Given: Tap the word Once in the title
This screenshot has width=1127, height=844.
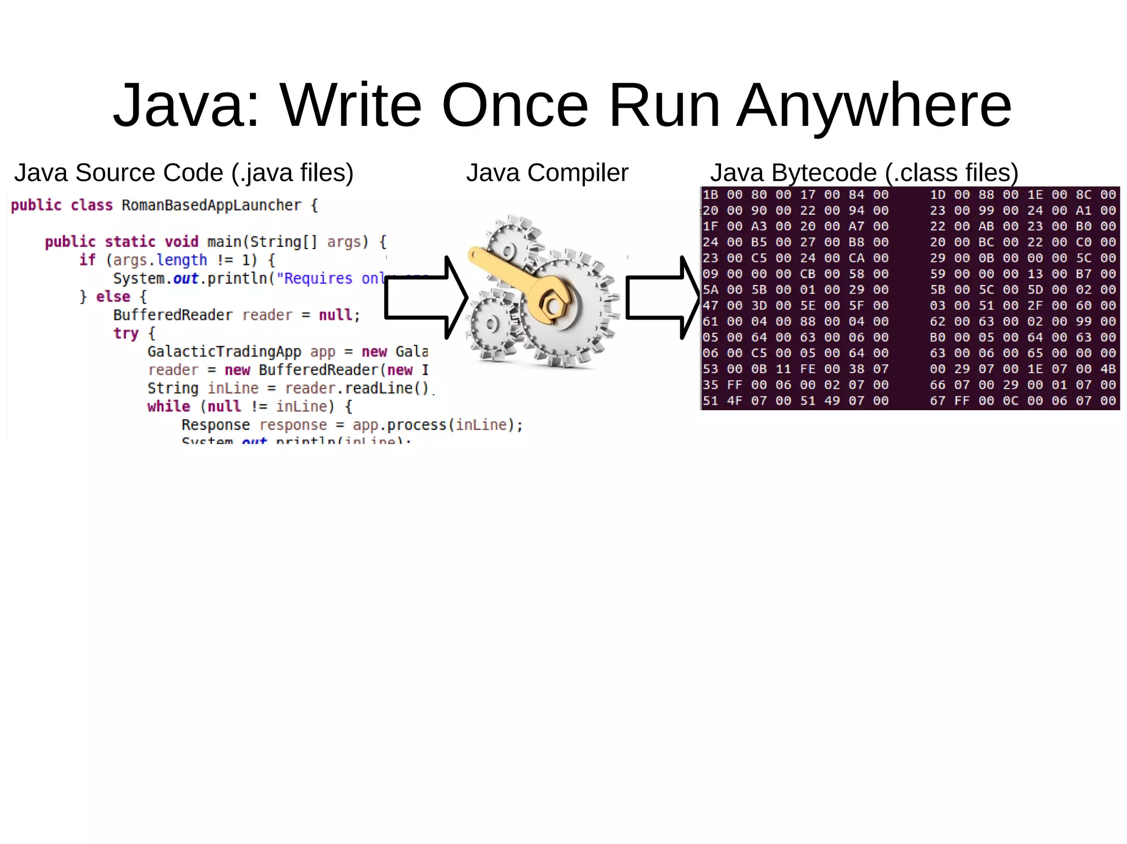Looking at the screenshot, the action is coord(515,105).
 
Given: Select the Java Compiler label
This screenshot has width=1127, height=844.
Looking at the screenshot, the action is coord(547,173).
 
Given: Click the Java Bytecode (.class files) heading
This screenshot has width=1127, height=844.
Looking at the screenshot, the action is coord(864,173).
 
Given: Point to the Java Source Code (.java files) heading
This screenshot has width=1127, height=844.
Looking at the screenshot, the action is coord(184,173).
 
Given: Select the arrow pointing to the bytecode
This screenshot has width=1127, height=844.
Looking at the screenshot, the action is coord(663,297).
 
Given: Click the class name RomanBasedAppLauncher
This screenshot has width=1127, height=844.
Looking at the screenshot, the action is coord(211,206).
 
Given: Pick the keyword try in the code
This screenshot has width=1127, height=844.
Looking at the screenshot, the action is coord(126,334).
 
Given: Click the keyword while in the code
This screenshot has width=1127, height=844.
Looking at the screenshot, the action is coord(168,407).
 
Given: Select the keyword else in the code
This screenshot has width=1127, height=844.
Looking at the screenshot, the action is coord(113,297).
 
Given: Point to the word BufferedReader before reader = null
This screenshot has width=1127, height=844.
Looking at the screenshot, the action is coord(173,315).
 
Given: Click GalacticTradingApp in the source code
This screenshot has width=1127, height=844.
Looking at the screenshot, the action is coord(224,352).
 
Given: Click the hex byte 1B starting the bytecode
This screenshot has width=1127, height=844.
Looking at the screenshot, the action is coord(710,195).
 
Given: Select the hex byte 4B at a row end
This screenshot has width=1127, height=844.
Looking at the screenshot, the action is coord(1108,369).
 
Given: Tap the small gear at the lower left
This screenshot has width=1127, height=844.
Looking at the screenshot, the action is coord(491,326).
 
